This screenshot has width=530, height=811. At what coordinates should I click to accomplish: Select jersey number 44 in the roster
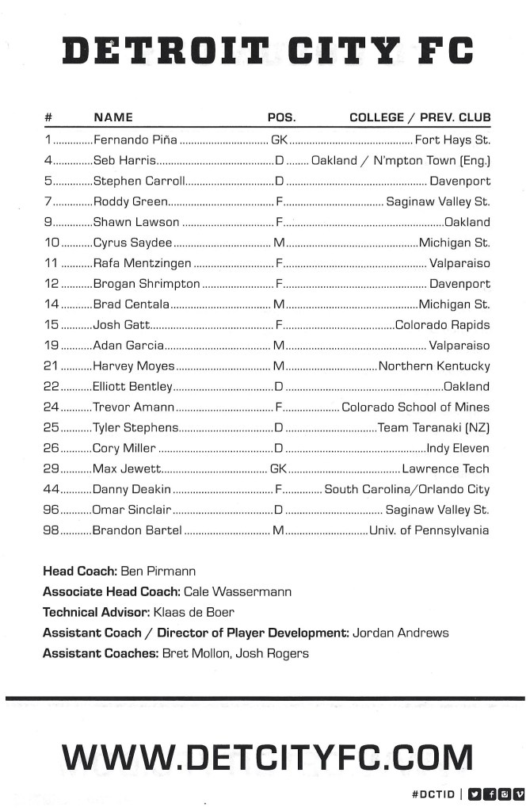(51, 490)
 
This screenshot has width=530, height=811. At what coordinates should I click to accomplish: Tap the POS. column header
(281, 117)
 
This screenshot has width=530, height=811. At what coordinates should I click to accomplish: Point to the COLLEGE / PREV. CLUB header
(420, 117)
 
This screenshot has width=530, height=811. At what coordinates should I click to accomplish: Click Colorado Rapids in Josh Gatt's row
(442, 325)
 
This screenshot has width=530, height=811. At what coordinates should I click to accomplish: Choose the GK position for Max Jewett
(278, 469)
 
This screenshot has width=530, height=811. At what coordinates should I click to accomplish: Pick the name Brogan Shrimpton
(147, 284)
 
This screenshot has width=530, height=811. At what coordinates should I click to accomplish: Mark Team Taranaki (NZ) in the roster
(434, 428)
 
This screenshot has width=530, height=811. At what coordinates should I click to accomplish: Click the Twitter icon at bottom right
(475, 794)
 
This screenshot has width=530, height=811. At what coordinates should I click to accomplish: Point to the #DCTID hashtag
(433, 794)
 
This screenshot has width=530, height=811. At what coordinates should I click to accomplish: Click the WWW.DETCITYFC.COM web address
(267, 757)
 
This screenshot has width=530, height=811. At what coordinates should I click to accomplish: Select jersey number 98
(51, 531)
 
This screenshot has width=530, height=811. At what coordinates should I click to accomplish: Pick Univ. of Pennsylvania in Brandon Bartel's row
(429, 531)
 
